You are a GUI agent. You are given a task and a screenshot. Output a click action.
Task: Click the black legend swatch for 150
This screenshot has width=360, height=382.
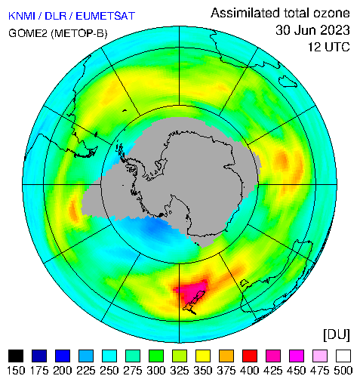tap(16, 356)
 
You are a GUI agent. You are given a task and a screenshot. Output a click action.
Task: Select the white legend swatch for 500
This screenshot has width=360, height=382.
tap(343, 356)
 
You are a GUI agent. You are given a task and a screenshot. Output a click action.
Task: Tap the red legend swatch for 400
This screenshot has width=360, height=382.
tap(250, 356)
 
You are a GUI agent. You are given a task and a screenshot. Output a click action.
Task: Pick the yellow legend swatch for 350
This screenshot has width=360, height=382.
tap(203, 356)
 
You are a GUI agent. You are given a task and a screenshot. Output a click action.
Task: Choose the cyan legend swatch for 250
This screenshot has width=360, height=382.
tap(109, 356)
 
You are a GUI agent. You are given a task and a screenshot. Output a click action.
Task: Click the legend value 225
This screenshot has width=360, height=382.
tap(86, 371)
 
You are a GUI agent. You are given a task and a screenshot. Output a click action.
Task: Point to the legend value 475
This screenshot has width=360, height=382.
tap(320, 371)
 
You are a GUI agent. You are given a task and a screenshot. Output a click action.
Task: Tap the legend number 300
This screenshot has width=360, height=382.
tap(156, 371)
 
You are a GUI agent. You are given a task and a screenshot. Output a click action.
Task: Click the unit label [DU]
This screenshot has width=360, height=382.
tap(337, 335)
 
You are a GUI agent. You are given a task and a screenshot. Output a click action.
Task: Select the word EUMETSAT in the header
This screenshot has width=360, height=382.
tap(106, 16)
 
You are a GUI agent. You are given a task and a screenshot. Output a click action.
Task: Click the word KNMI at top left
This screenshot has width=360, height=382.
tap(22, 16)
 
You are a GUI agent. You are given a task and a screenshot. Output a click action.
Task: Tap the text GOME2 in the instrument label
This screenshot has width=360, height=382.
tap(28, 33)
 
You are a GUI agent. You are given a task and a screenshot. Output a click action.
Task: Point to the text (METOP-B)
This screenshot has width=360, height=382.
tap(79, 33)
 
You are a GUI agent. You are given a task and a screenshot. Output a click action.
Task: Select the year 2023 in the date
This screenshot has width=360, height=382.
tap(332, 30)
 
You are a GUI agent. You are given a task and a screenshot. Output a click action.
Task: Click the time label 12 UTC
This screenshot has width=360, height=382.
tap(329, 47)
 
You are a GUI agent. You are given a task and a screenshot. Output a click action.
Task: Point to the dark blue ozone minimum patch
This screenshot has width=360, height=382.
tap(155, 227)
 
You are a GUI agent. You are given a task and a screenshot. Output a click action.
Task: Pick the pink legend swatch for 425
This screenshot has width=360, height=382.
tap(273, 356)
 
